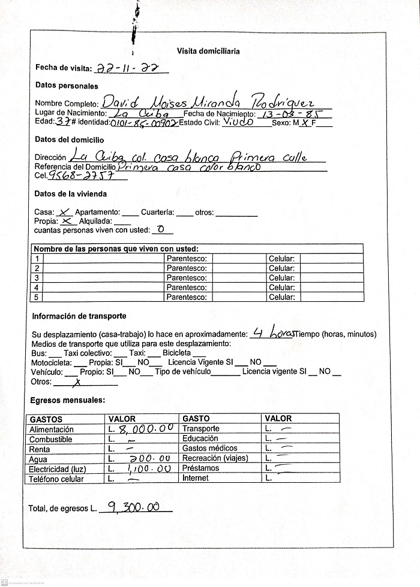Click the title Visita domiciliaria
(208, 52)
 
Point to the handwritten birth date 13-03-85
(293, 113)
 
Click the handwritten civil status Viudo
(239, 123)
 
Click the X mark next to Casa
(65, 211)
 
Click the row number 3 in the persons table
(37, 278)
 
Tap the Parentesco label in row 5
(187, 297)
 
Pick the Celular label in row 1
(281, 259)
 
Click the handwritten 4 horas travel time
(274, 333)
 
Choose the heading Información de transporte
(79, 316)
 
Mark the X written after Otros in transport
(76, 382)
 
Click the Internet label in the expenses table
(196, 478)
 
